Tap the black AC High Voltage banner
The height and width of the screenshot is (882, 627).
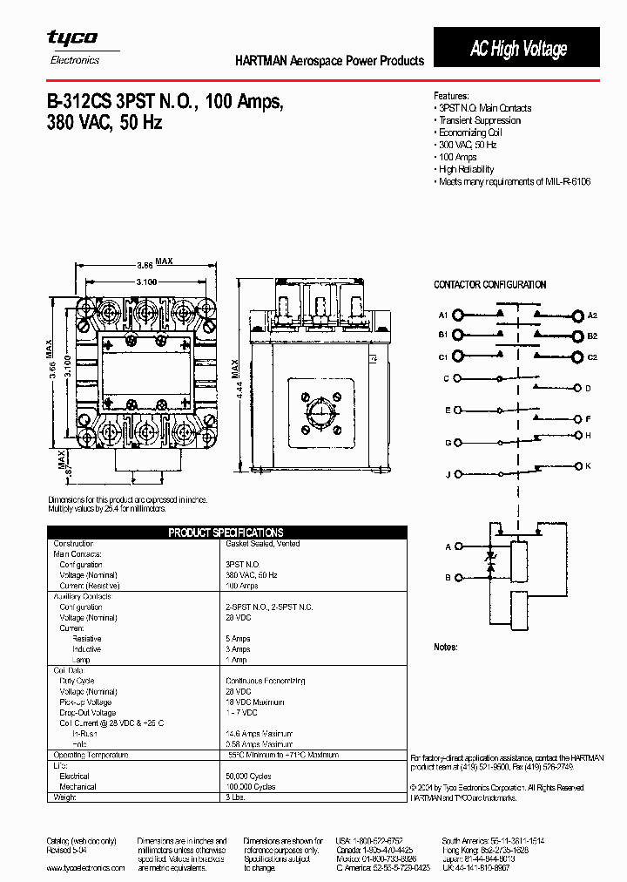click(517, 49)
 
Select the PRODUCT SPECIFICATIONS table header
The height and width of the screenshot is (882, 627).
click(226, 533)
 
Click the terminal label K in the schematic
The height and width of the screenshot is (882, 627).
click(589, 466)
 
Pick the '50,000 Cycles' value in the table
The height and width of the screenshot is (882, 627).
click(247, 776)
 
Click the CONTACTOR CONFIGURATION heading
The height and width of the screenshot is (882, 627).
click(490, 285)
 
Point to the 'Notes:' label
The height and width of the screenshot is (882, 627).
click(446, 648)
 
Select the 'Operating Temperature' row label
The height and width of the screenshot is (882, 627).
click(91, 755)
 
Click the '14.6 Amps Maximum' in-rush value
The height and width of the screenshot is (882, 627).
click(259, 734)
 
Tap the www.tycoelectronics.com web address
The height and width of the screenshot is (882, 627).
click(85, 868)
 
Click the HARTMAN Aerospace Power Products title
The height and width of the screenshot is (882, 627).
click(330, 61)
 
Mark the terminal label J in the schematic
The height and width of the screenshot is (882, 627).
click(448, 474)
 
